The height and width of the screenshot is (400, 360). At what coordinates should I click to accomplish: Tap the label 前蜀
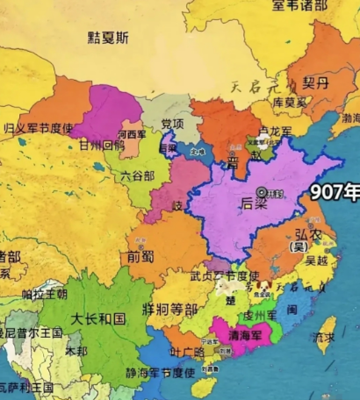140,257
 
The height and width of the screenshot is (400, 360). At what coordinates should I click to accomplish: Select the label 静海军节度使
162,373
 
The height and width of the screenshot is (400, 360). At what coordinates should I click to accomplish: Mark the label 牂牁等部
169,308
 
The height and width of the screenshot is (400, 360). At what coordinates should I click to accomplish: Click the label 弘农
306,234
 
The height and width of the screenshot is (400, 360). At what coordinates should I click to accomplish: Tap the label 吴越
317,260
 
